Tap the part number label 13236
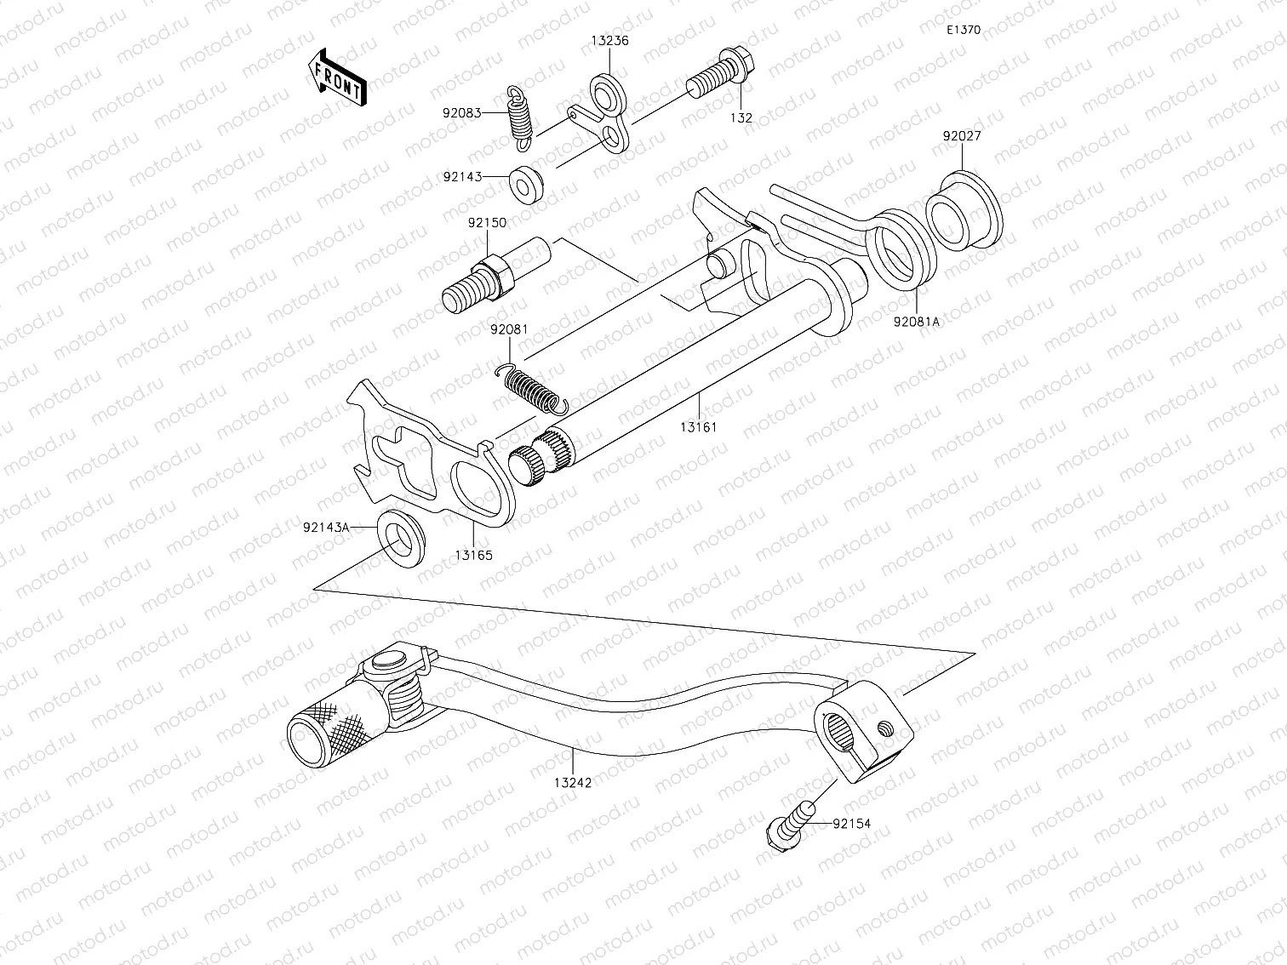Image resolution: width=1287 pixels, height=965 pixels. click(x=610, y=41)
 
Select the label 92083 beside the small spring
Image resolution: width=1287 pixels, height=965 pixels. click(x=461, y=112)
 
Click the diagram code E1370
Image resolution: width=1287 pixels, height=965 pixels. click(x=964, y=30)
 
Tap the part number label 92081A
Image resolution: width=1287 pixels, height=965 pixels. click(x=916, y=323)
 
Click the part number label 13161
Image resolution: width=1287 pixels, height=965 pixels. click(x=698, y=426)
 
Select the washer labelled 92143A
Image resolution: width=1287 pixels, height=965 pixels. click(x=401, y=538)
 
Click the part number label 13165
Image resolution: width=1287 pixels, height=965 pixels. click(x=472, y=555)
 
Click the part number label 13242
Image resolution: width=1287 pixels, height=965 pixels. click(x=572, y=782)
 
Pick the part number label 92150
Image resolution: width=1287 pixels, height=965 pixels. click(x=486, y=223)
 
